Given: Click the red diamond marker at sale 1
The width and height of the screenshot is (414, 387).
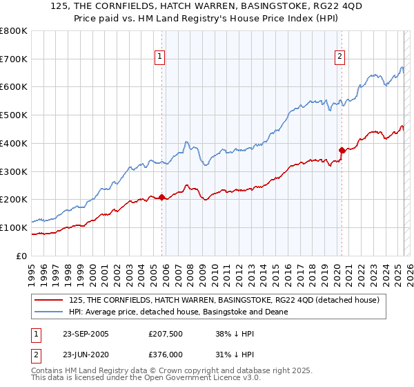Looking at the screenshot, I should [162, 198].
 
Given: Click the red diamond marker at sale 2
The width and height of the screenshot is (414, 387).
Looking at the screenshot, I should [342, 149].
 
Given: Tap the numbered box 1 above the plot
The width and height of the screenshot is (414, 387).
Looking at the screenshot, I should [159, 57].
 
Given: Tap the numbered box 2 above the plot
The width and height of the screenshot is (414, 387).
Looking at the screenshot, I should [340, 57].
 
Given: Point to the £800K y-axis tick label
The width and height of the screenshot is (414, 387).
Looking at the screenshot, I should [14, 31].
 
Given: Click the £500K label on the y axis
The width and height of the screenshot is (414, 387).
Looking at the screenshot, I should [14, 115].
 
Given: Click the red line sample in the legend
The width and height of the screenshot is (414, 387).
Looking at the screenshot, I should [49, 300].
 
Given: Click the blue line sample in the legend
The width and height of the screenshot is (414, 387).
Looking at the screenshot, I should [49, 312].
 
